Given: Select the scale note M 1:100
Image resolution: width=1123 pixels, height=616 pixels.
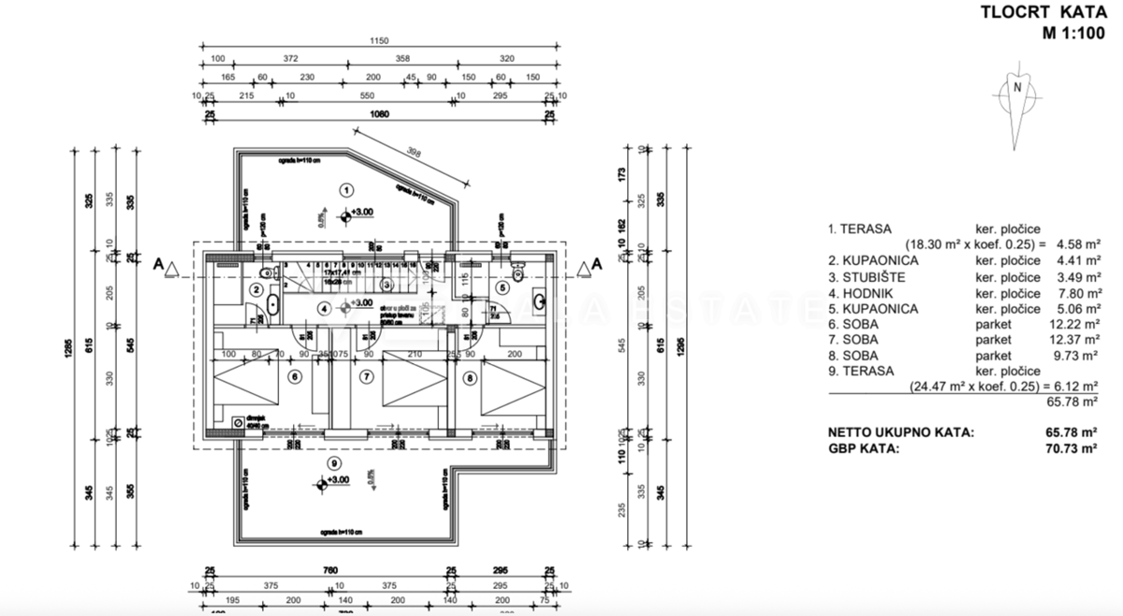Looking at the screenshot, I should (1072, 35).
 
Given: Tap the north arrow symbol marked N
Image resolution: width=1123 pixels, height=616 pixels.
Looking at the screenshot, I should (1016, 88).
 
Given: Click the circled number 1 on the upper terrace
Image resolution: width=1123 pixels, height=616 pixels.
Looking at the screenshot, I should (346, 190).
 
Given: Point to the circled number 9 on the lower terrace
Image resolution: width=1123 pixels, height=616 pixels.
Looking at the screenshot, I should (333, 463).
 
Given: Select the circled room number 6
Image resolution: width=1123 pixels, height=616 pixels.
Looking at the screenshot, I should (294, 378).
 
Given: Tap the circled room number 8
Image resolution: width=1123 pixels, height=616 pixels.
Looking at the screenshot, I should (470, 378).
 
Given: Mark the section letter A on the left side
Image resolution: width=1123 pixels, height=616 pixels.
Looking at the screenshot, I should (159, 265).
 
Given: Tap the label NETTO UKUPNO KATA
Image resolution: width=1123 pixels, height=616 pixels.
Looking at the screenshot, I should (900, 433).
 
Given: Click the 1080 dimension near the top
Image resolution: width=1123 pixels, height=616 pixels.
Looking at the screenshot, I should (379, 115).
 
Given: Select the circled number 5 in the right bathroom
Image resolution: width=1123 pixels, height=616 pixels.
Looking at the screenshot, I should (502, 287).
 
